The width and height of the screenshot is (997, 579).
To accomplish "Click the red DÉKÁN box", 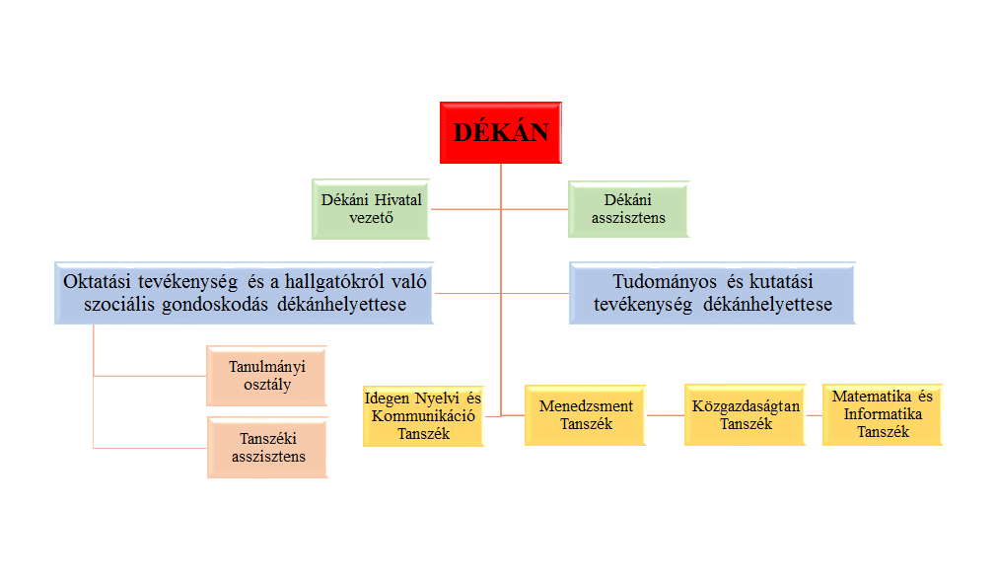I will [500, 132].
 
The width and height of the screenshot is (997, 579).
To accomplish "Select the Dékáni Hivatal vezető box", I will [371, 208].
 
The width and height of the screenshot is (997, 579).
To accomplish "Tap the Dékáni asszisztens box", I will [628, 208].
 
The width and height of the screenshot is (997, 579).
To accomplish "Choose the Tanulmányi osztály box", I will [266, 375].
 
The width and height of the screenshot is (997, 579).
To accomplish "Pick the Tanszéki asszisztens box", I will [266, 447].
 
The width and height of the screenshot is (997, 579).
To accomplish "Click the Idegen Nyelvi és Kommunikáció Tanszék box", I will [423, 415].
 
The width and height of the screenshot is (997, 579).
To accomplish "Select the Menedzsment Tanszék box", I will [586, 415].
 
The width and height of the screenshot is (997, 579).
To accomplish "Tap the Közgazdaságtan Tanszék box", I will [746, 415].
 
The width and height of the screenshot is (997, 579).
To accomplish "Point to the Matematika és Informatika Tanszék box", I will [883, 415].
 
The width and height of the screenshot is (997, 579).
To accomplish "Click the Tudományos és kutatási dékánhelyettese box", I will [713, 293].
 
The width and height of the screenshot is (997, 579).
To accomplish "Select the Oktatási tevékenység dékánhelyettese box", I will [244, 293].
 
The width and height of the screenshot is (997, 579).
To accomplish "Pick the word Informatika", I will [883, 415].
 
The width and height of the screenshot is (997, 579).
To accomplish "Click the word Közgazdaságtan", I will [746, 406].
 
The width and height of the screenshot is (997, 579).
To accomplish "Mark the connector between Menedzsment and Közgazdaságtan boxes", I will [666, 415].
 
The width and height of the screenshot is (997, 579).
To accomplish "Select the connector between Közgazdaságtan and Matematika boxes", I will [814, 415].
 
